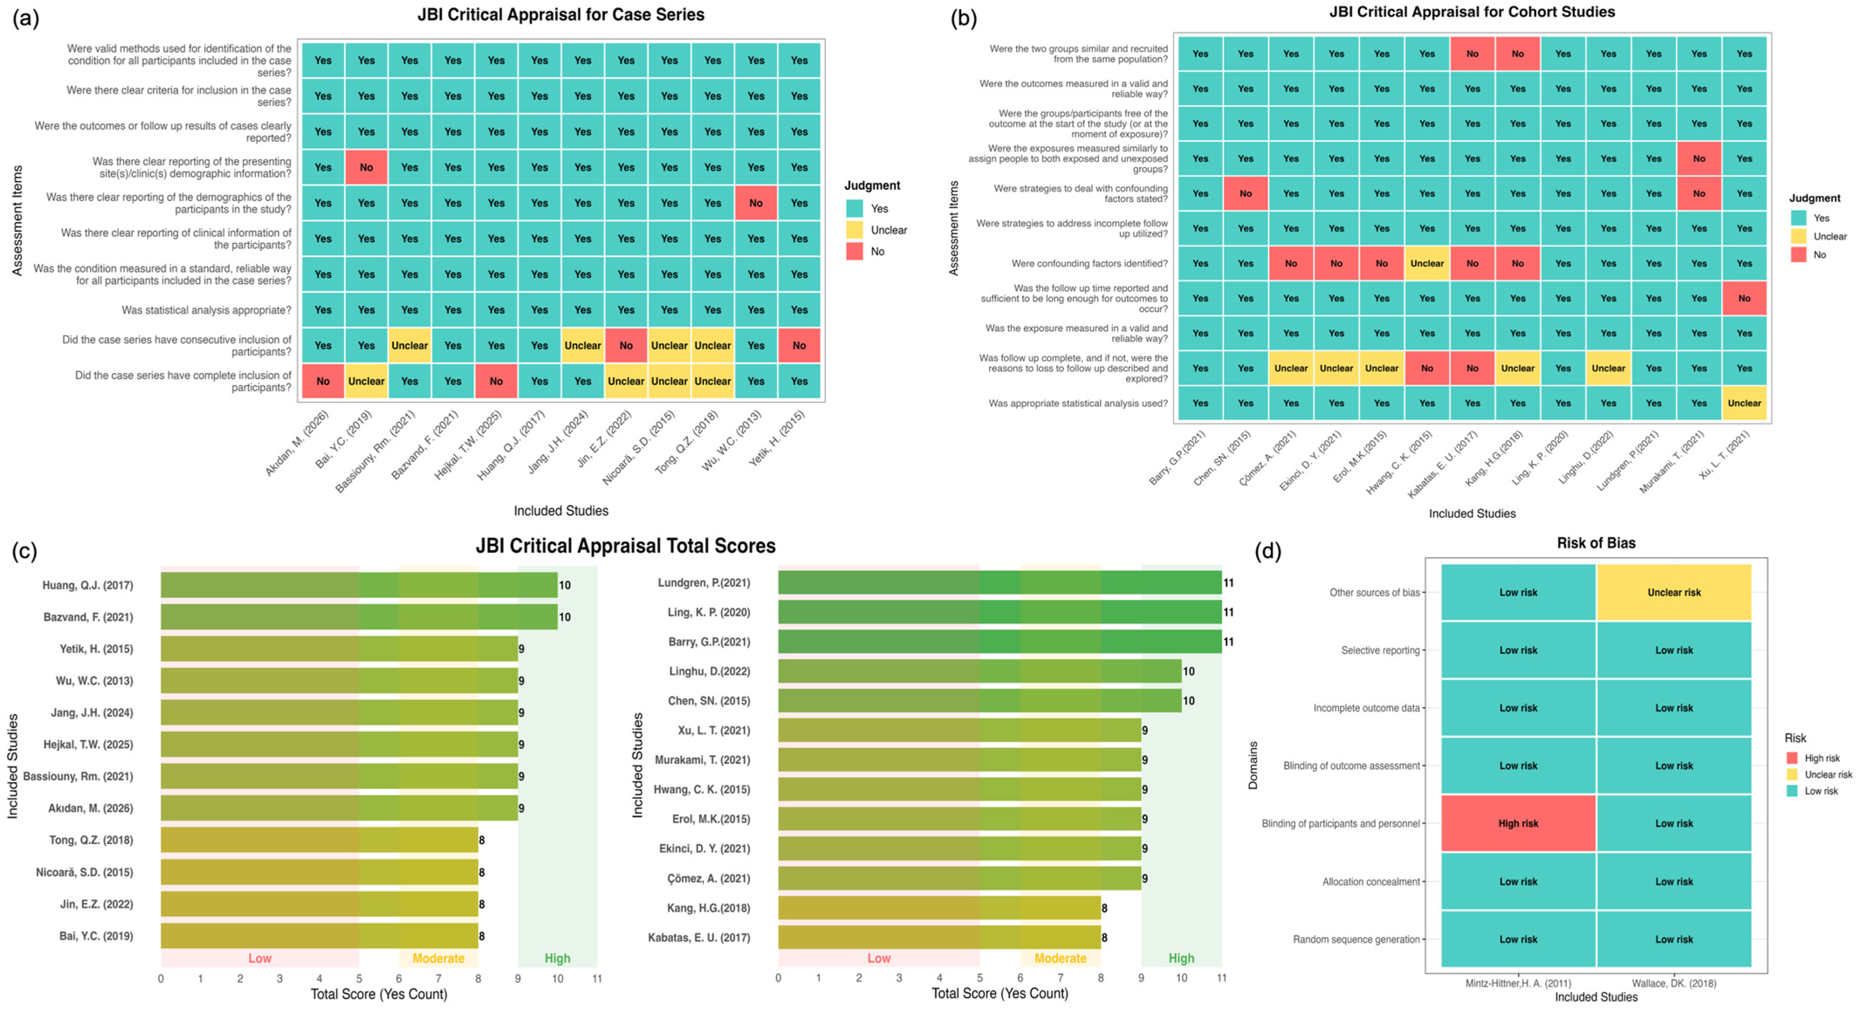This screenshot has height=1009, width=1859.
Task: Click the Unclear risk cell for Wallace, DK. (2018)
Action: (1674, 592)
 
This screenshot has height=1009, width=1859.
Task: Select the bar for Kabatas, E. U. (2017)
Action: (939, 937)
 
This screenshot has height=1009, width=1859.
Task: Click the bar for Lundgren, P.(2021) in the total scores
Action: (1000, 582)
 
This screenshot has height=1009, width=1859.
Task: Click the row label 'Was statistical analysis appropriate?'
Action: (206, 310)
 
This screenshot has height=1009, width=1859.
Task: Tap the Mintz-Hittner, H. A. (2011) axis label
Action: (1518, 983)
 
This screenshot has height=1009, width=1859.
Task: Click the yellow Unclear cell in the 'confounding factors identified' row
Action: (1427, 263)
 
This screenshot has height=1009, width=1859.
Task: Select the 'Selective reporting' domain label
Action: (1380, 650)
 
